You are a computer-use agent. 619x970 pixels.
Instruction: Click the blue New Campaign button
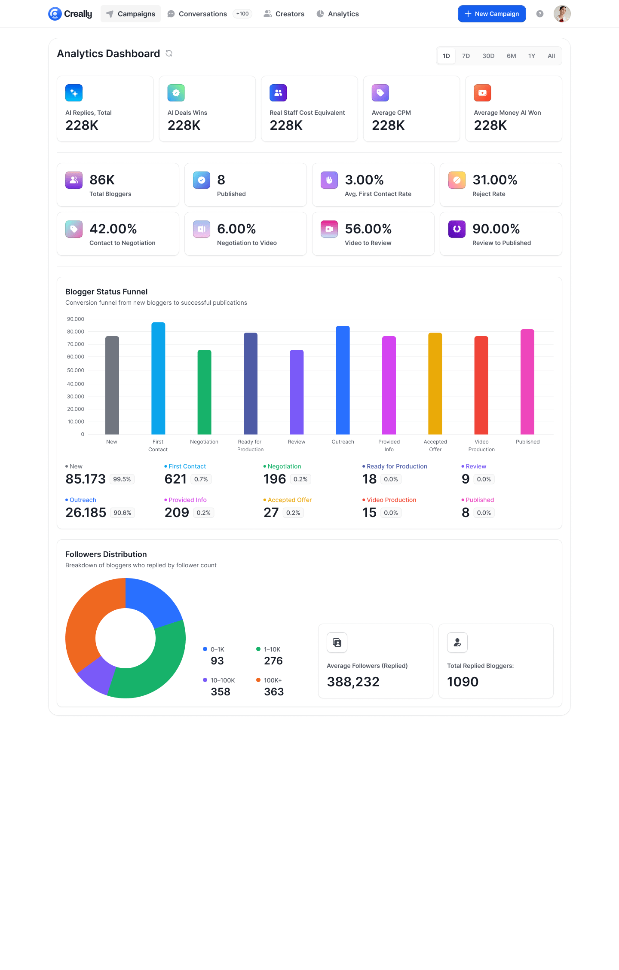(x=492, y=14)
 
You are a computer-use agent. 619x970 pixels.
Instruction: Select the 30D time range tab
(x=488, y=56)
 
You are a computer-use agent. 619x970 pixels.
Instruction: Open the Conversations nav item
(x=202, y=14)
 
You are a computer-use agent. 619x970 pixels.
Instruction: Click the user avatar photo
(x=562, y=14)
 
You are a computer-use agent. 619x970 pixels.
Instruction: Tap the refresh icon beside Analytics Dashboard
(x=169, y=53)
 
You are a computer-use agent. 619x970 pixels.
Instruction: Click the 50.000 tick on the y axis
(x=76, y=370)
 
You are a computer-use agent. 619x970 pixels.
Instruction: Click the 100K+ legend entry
(x=273, y=680)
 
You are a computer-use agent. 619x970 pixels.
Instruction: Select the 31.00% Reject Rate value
(x=495, y=180)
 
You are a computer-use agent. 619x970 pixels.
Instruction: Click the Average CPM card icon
(x=380, y=93)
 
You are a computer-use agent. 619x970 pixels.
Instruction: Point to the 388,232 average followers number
(x=353, y=682)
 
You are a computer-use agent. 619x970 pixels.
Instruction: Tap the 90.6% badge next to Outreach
(x=123, y=513)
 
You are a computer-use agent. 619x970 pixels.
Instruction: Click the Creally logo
(x=70, y=14)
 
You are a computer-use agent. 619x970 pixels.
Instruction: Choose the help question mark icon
(x=540, y=14)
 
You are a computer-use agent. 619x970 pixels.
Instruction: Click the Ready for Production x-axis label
(x=250, y=445)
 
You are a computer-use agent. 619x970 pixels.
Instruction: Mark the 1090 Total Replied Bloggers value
(x=463, y=682)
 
